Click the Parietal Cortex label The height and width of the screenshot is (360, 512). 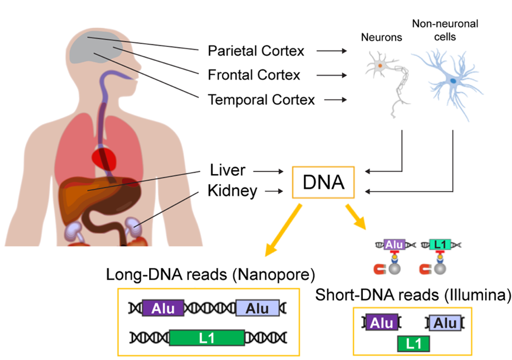256,51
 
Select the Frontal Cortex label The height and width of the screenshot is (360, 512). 253,75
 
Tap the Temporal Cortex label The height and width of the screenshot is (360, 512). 261,100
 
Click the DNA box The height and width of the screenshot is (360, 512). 323,182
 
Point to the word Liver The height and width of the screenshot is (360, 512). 228,169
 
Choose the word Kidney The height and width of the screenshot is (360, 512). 232,191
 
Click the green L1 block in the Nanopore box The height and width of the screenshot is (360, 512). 207,337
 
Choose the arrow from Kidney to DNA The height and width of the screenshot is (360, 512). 272,191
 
